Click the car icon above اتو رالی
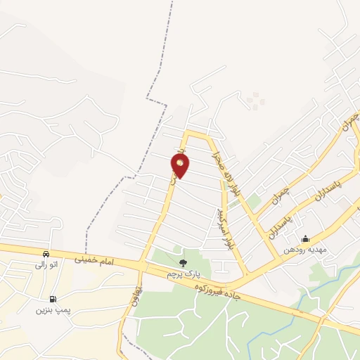point(46,254)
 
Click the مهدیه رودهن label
point(302,250)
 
